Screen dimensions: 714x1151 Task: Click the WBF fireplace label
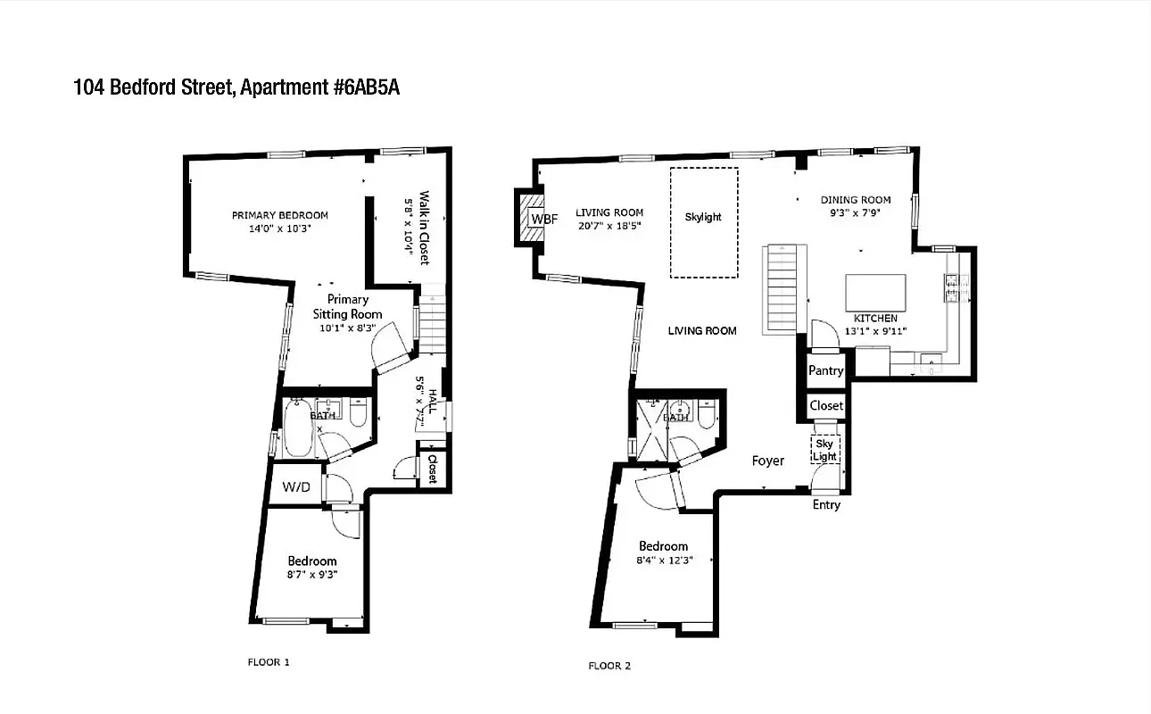539,219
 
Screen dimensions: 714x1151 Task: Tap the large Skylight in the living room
704,222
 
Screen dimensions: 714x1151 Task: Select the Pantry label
825,370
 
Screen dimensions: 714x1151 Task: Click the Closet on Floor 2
826,406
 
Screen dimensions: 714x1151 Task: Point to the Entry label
826,505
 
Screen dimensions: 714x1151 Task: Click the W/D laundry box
296,487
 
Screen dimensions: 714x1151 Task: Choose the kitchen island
875,292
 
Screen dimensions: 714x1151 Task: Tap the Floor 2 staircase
779,288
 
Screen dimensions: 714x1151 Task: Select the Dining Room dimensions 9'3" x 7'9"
855,213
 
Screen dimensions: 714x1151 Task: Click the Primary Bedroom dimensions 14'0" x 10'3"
279,228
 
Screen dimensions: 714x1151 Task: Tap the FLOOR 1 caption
269,662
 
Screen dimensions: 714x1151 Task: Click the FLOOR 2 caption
609,666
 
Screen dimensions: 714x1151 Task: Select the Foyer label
767,461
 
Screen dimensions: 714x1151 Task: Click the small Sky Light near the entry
824,449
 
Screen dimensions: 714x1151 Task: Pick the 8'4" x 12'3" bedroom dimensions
663,560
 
